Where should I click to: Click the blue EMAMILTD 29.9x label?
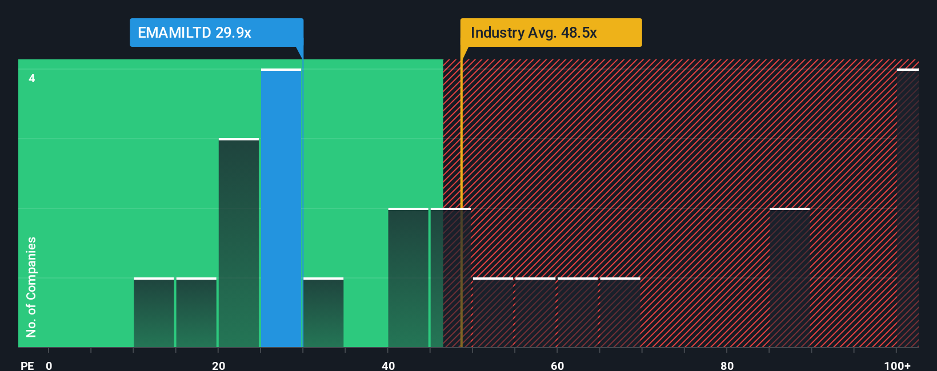point(216,33)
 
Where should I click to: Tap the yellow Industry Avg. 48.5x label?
point(551,33)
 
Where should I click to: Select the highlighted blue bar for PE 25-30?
point(281,208)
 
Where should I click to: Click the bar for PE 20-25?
point(239,243)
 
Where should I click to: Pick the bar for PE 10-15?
point(154,313)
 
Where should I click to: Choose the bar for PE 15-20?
point(197,313)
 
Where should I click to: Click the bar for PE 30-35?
point(323,313)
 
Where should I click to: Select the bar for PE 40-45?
point(408,278)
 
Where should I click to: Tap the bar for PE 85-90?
point(790,278)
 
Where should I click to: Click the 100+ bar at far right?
point(907,208)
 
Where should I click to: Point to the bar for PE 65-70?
point(620,313)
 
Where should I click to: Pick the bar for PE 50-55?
point(493,313)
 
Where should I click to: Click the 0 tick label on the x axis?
point(49,365)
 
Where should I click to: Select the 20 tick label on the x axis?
point(218,365)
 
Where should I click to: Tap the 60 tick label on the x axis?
point(557,365)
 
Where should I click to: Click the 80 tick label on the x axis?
point(727,365)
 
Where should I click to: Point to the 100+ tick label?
point(897,365)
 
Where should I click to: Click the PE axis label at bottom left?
point(27,365)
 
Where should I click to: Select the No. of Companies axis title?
point(31,287)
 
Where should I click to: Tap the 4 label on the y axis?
point(32,78)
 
